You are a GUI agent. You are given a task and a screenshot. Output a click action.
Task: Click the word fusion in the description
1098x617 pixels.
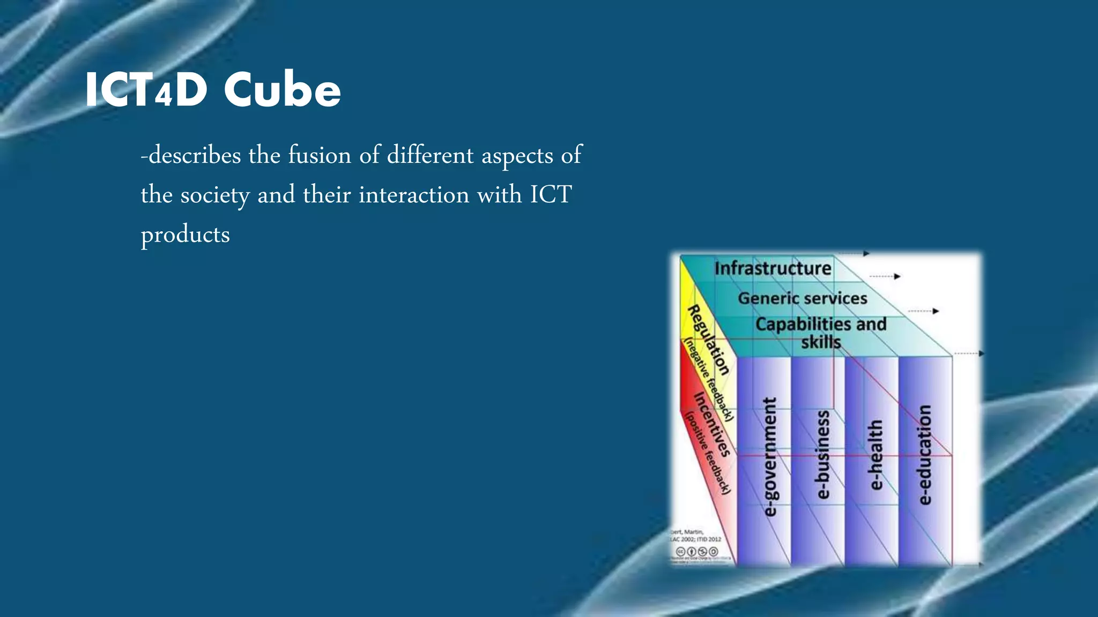(x=320, y=155)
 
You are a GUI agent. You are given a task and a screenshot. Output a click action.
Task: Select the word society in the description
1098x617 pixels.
(x=214, y=195)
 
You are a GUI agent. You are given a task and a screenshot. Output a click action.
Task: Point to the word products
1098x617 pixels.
(x=186, y=235)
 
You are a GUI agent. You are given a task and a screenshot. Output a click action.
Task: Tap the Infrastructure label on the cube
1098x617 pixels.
(x=773, y=268)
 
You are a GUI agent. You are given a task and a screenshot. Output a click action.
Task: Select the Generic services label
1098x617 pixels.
(x=803, y=298)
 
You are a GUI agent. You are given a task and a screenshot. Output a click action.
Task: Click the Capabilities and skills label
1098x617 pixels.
(x=821, y=333)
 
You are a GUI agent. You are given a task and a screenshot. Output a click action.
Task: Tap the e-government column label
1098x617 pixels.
(x=769, y=457)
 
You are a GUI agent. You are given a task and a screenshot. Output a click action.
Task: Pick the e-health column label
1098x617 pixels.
(x=875, y=455)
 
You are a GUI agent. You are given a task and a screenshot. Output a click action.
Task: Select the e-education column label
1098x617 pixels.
(x=925, y=455)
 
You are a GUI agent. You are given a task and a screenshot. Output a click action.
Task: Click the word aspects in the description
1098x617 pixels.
(x=517, y=155)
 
